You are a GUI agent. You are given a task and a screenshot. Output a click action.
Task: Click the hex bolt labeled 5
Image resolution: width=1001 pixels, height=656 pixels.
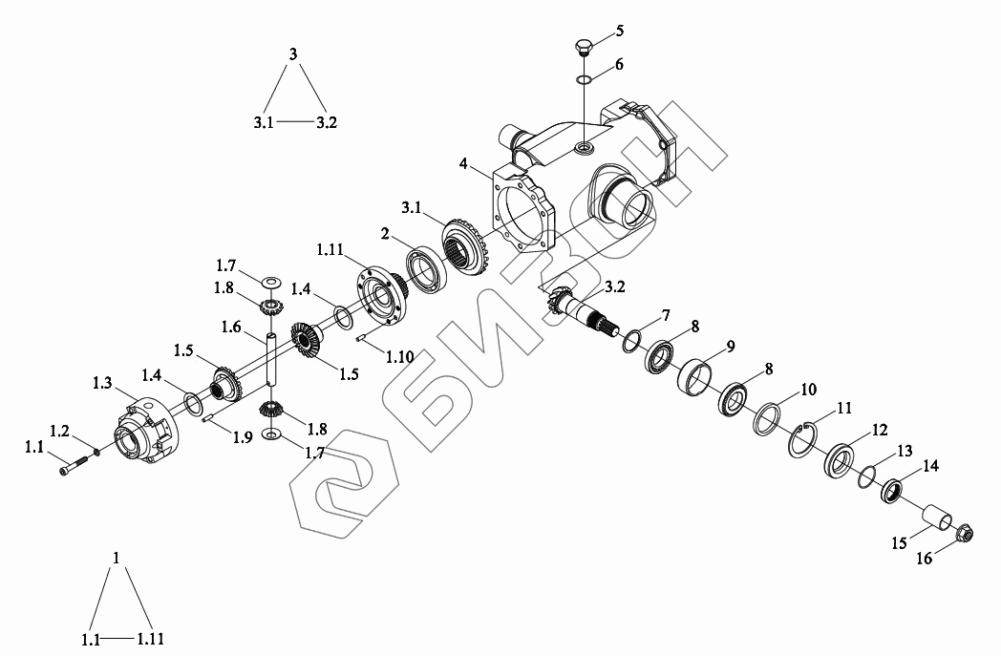(x=584, y=48)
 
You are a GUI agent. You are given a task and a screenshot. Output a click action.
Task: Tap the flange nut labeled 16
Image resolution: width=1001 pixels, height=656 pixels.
(x=964, y=532)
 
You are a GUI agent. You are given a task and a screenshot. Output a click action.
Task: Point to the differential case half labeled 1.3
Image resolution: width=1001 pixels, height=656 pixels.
(x=146, y=430)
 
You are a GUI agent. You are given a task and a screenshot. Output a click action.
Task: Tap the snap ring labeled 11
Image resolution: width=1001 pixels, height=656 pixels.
(x=801, y=440)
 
